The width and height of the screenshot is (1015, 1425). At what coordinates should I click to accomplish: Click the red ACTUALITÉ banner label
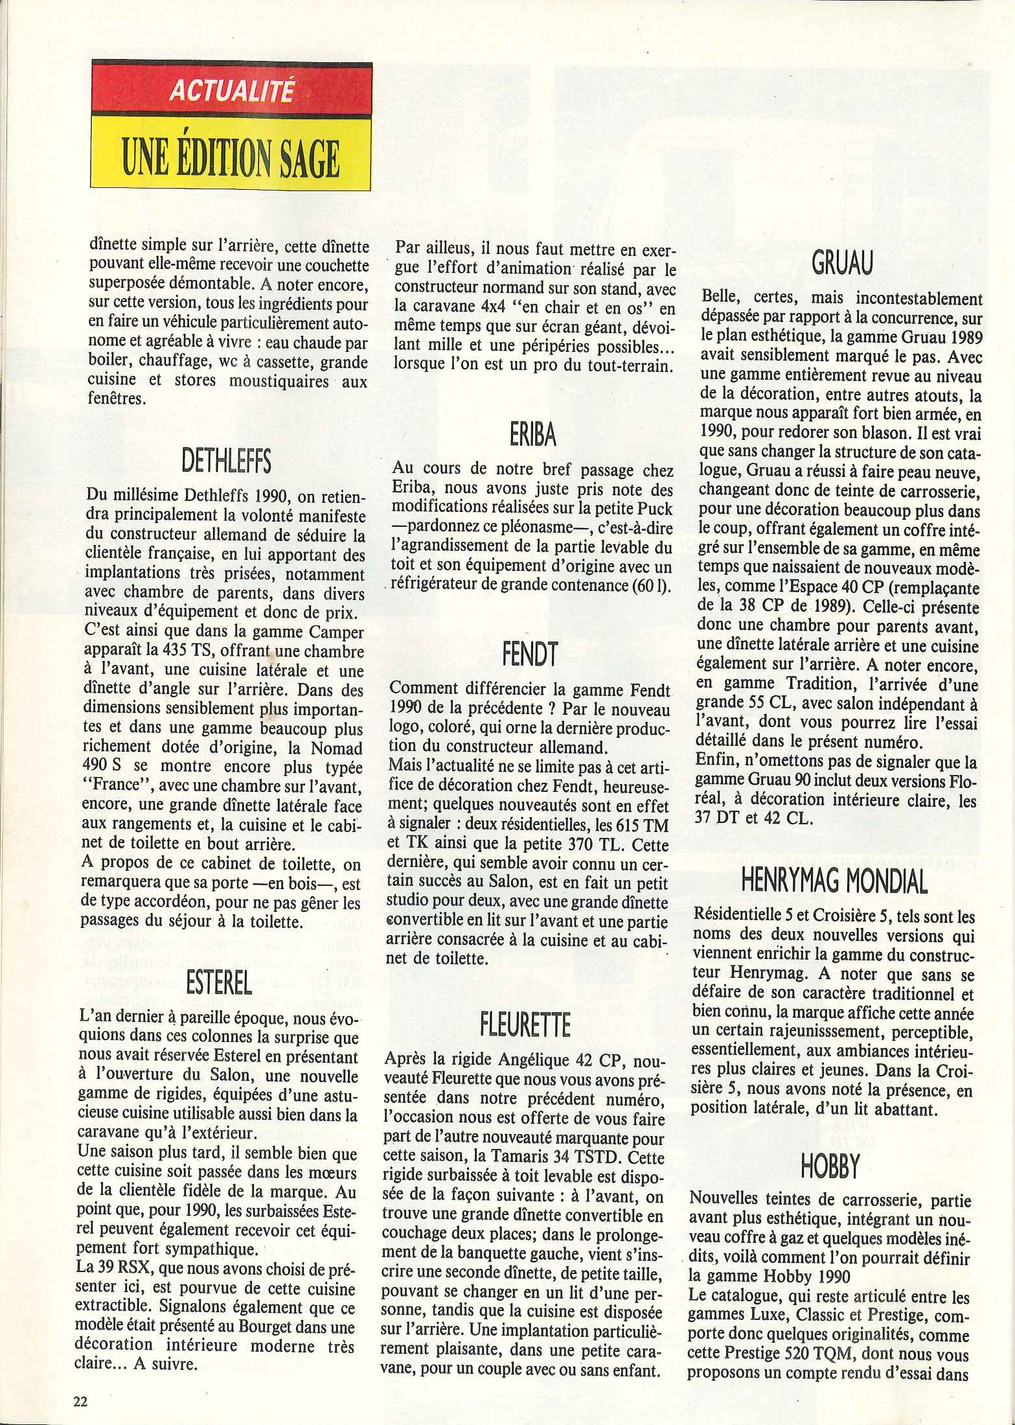coord(231,91)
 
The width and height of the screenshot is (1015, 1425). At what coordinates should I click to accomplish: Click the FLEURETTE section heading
coord(525,1025)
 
